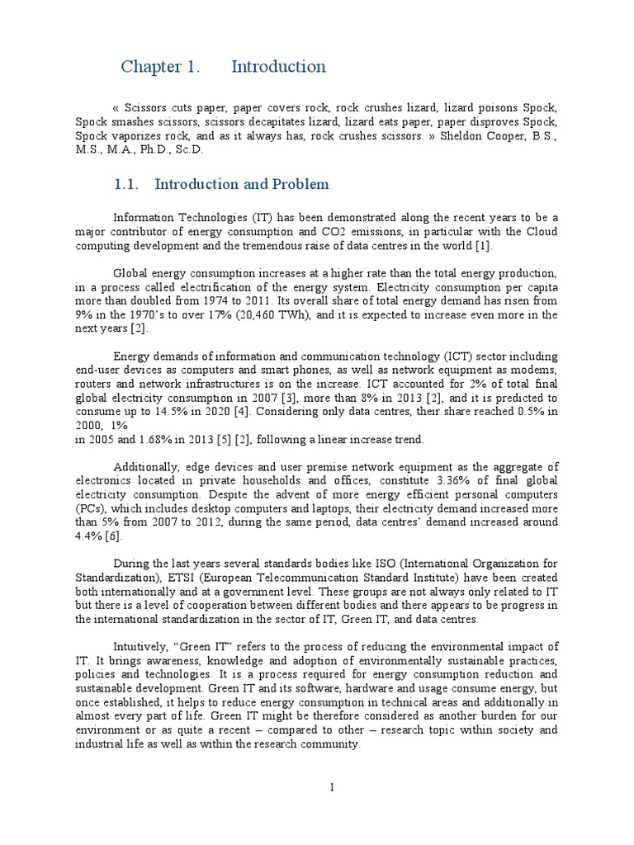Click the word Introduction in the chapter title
click(278, 67)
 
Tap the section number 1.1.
click(135, 184)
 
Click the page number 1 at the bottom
click(332, 787)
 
